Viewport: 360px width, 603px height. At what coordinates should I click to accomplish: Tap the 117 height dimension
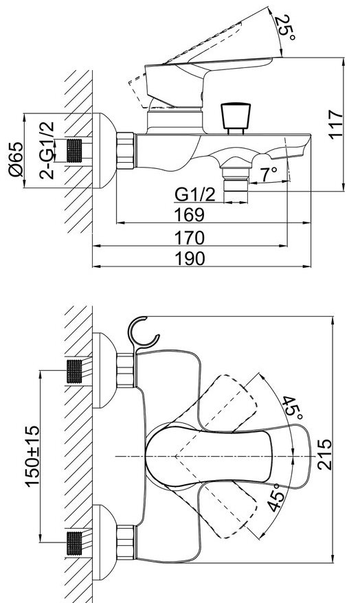coord(335,124)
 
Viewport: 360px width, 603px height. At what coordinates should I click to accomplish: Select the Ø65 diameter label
coord(16,159)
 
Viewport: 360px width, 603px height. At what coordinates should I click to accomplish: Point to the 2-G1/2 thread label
coord(47,150)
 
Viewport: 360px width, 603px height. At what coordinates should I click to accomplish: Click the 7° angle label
coord(269,175)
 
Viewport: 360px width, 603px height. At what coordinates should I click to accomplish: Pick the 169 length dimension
coord(189,214)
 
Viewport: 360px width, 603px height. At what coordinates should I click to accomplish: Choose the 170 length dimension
coord(189,238)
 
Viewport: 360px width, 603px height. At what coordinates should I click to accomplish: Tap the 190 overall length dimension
coord(190,259)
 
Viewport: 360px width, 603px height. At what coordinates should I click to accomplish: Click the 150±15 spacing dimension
coord(33,457)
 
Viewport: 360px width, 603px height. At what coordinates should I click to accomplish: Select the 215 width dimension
coord(324,454)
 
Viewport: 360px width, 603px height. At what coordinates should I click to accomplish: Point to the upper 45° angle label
coord(292,408)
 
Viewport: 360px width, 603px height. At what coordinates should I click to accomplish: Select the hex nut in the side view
coord(126,151)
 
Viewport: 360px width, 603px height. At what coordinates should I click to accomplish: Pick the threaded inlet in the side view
coord(75,150)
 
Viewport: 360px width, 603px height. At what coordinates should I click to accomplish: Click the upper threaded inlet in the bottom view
coord(75,371)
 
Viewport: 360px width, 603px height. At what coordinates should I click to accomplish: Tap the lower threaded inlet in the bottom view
coord(75,543)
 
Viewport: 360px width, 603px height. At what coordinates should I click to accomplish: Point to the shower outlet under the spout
coord(236,184)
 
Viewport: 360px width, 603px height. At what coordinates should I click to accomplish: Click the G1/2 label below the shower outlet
coord(195,194)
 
